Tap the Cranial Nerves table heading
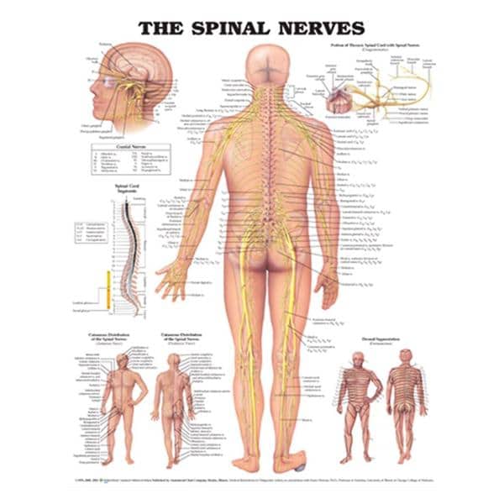pos(130,147)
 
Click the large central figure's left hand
pos(180,276)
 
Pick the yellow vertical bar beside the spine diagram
pos(109,294)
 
